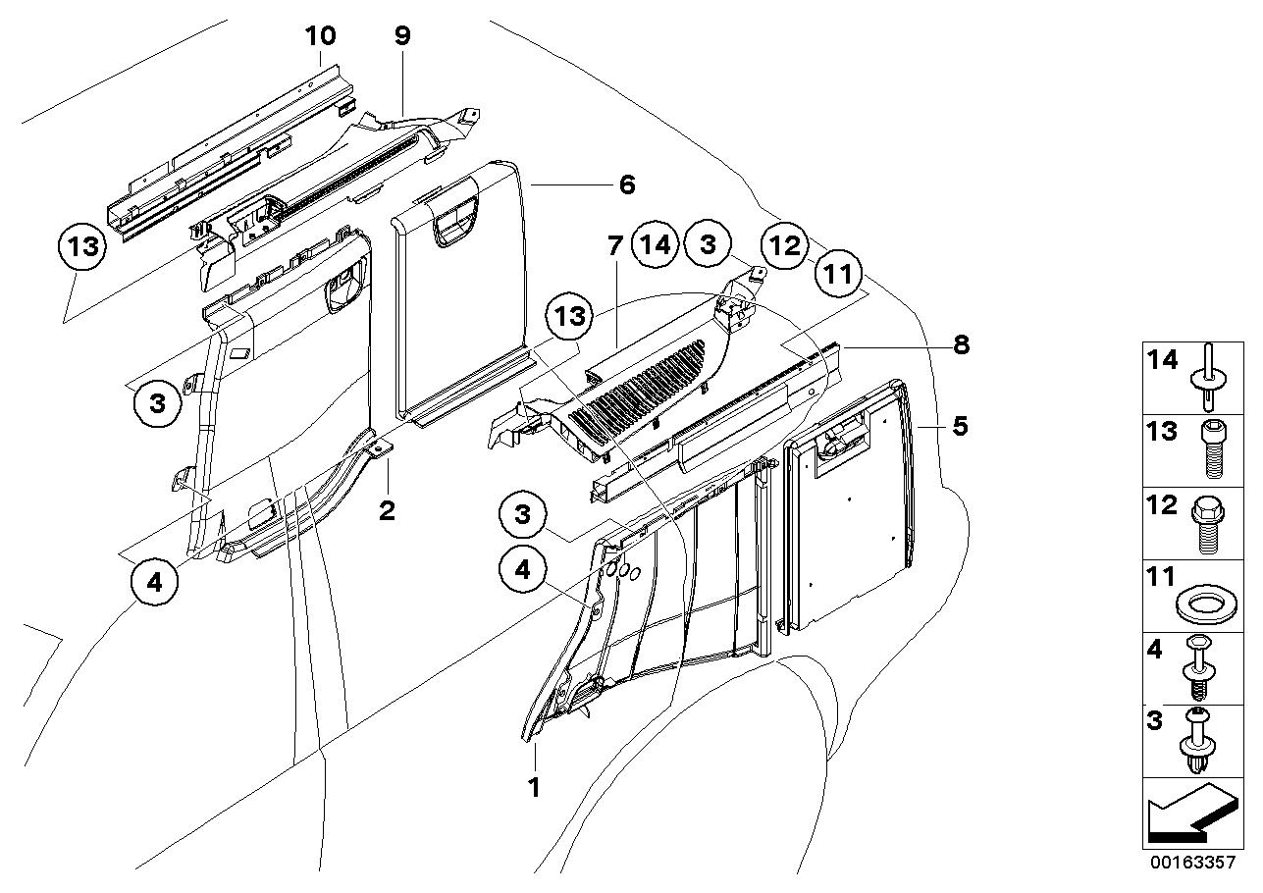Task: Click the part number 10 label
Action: [x=320, y=36]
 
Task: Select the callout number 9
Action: [x=402, y=36]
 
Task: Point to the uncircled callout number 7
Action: [x=614, y=245]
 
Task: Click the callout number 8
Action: [x=961, y=343]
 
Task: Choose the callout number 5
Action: [x=961, y=426]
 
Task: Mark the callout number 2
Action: [x=388, y=510]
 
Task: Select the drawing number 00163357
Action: [x=1192, y=863]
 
